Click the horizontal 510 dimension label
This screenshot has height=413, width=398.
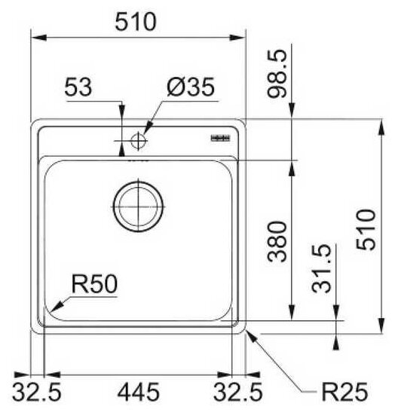click(x=136, y=22)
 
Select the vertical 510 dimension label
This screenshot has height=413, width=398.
click(x=366, y=229)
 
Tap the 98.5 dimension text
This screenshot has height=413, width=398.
click(x=277, y=74)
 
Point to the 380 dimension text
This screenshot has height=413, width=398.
click(x=277, y=241)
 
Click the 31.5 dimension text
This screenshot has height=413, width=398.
click(x=321, y=268)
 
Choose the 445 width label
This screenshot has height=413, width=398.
click(x=138, y=392)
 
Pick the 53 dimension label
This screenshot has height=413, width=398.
click(x=78, y=87)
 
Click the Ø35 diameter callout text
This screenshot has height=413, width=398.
click(x=191, y=87)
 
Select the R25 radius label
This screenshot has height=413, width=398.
click(x=344, y=392)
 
